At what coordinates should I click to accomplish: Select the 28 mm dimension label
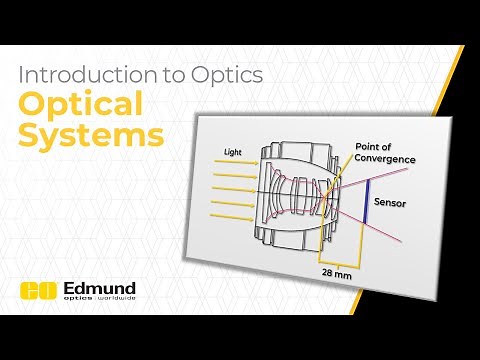click(x=338, y=271)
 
